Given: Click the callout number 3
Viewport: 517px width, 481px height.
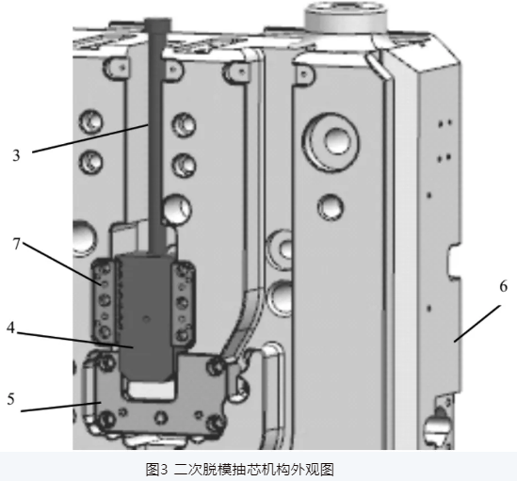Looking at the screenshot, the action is (16, 155).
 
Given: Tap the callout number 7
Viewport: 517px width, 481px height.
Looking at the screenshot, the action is (17, 244).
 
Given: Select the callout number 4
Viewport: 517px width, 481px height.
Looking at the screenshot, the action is (11, 328).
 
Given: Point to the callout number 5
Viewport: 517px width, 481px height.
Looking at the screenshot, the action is (11, 399).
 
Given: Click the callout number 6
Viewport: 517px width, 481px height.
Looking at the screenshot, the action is (503, 286).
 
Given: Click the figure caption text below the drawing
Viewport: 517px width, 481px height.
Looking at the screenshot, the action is (240, 469).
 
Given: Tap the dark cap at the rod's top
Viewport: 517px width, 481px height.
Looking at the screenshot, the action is (158, 24).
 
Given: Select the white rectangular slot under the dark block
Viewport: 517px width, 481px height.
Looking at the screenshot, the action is (152, 390).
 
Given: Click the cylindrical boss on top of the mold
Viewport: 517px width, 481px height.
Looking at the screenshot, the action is (346, 17).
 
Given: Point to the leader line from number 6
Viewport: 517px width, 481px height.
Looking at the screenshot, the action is (477, 324).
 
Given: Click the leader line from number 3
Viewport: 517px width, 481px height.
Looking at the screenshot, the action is (89, 138).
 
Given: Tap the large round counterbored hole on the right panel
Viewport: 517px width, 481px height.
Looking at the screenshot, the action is (333, 141).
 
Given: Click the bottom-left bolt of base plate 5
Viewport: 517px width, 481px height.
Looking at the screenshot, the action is (105, 421).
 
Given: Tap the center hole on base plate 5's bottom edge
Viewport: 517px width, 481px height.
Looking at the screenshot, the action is (161, 418).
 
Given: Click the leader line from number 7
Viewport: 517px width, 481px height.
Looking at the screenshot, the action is (61, 264).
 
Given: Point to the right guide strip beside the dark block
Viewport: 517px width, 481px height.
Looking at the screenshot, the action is (183, 301).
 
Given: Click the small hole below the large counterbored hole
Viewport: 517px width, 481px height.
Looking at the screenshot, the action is (330, 207).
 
